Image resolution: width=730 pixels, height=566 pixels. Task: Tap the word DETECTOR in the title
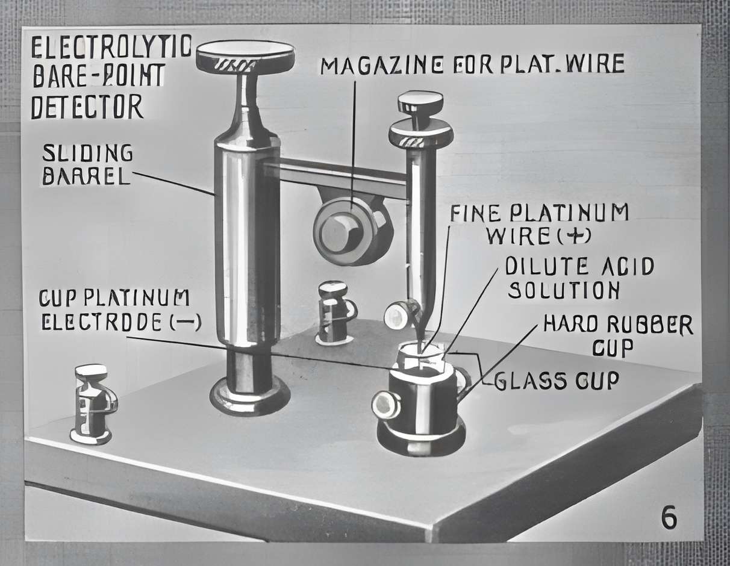87,106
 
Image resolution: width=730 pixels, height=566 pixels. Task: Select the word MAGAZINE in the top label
379,65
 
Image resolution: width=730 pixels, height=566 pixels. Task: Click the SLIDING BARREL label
87,164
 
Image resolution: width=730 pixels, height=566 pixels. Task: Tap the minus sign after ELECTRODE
184,323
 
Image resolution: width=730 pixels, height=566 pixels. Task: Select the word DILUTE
547,266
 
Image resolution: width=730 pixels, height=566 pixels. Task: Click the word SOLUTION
564,290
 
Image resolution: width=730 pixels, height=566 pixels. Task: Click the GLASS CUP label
557,381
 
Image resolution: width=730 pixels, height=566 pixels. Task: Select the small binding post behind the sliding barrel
335,313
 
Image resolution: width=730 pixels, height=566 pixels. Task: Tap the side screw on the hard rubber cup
385,405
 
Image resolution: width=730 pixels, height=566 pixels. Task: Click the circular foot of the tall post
249,398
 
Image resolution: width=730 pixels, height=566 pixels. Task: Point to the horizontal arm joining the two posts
336,178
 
